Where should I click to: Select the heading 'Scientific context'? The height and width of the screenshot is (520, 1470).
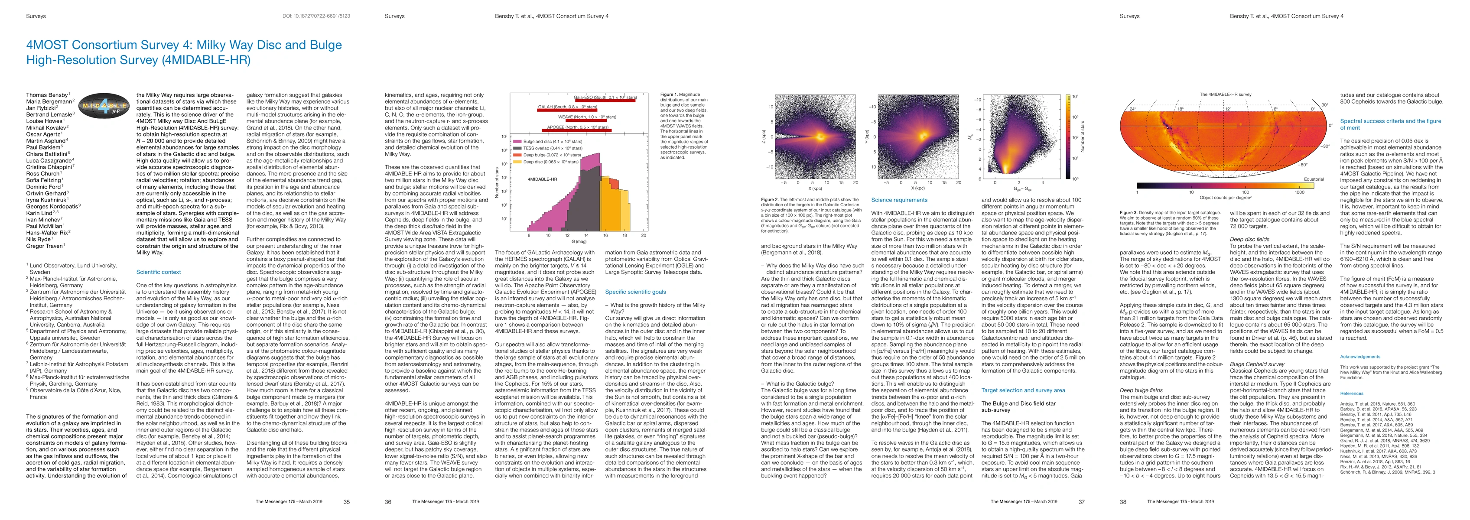pyautogui.click(x=159, y=272)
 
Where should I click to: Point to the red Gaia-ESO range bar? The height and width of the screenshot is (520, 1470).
pyautogui.click(x=605, y=99)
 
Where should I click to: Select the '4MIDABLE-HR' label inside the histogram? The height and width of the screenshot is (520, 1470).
pyautogui.click(x=542, y=179)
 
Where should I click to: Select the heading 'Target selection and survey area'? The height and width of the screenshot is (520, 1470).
pyautogui.click(x=1023, y=390)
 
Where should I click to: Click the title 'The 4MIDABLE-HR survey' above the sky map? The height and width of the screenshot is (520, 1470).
pyautogui.click(x=1225, y=94)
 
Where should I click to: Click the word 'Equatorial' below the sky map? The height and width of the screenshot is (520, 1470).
pyautogui.click(x=1314, y=179)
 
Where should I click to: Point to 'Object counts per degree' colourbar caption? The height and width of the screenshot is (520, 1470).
pyautogui.click(x=1225, y=198)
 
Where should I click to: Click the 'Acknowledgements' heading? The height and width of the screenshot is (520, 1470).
pyautogui.click(x=1360, y=357)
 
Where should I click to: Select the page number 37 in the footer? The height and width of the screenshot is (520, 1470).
pyautogui.click(x=1081, y=502)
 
